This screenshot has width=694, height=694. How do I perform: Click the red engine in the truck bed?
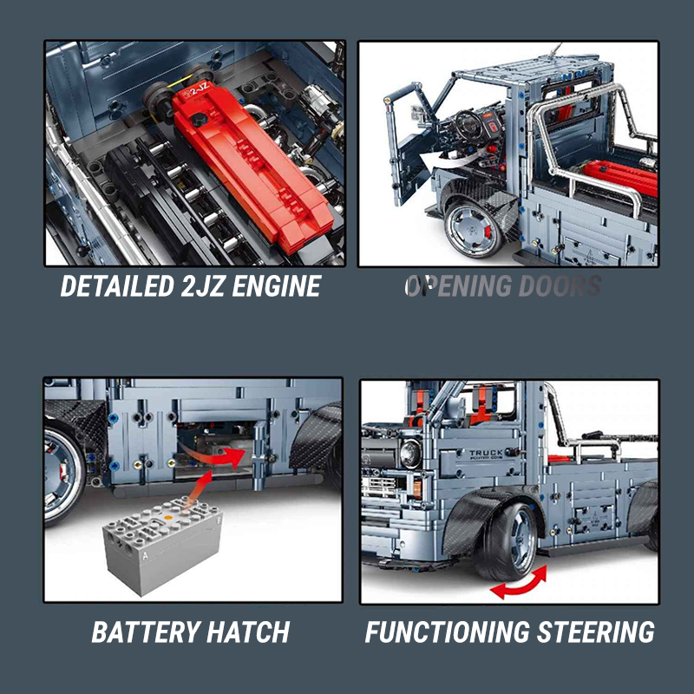click(618, 174)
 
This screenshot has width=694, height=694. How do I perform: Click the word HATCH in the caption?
click(251, 632)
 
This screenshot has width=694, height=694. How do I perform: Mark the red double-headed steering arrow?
click(519, 582)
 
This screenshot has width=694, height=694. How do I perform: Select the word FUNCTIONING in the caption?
click(449, 632)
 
